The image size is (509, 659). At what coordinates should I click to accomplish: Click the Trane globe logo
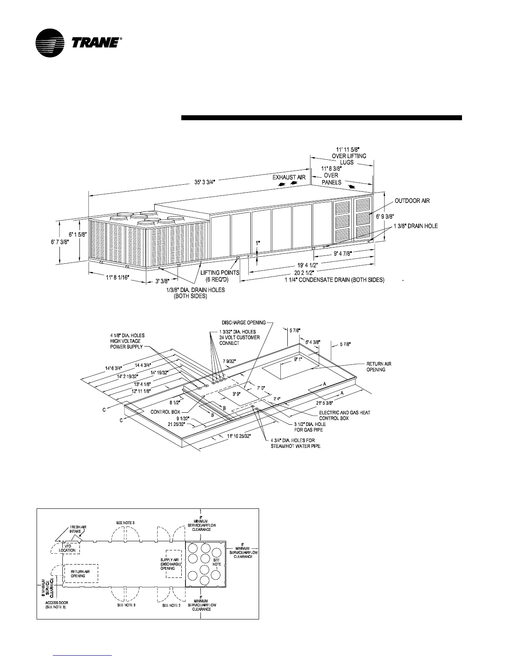point(50,43)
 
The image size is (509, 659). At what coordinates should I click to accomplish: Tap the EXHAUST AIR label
point(289,177)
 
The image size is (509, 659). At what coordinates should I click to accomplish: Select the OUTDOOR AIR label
point(412,201)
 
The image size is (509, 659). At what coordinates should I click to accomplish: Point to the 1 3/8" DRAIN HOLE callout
point(415,226)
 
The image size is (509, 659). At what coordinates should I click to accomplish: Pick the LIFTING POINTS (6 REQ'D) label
point(220,276)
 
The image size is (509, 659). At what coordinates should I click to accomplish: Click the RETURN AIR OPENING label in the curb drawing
point(378,367)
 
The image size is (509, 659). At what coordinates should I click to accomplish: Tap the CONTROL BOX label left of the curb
point(166,412)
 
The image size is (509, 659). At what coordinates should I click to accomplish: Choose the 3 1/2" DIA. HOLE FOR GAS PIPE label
point(307,427)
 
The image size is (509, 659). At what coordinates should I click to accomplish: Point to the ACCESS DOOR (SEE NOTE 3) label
point(57,605)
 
